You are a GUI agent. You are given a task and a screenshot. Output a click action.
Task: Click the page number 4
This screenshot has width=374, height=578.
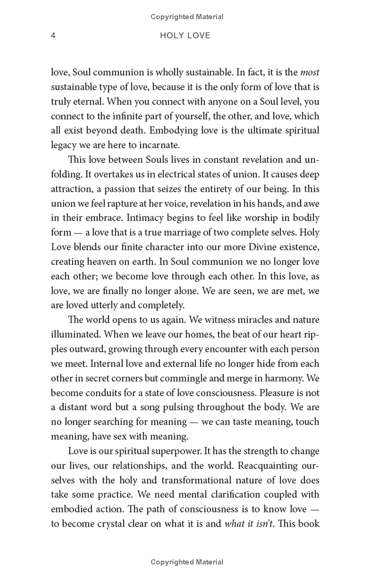tap(53, 36)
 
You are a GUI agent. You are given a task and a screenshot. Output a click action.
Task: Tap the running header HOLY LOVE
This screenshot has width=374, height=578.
tap(186, 36)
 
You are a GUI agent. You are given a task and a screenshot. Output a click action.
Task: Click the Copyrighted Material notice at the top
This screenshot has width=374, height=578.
tap(187, 17)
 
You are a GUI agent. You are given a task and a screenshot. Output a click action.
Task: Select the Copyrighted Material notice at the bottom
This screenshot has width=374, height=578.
tap(187, 562)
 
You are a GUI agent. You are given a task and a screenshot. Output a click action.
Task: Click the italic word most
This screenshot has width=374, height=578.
tap(310, 72)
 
